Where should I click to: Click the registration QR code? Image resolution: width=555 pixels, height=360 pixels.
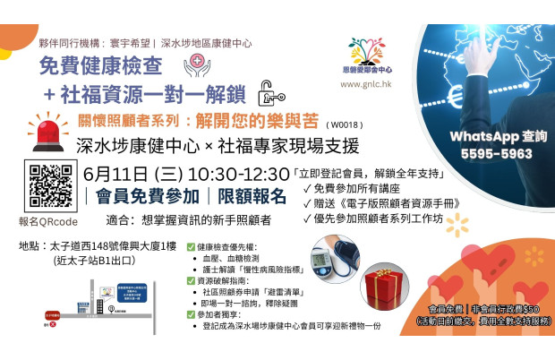(x=51, y=184)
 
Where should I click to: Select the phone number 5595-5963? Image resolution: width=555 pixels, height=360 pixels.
(x=491, y=153)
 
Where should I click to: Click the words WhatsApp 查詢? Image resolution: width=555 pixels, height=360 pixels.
(x=491, y=136)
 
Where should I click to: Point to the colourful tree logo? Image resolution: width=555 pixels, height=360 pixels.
(x=368, y=50)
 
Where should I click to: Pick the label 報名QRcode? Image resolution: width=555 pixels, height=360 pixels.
(x=47, y=219)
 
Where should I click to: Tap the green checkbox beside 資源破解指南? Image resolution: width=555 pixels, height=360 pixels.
(x=190, y=279)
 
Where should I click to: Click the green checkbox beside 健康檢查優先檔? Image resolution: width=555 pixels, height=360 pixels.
(x=190, y=245)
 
